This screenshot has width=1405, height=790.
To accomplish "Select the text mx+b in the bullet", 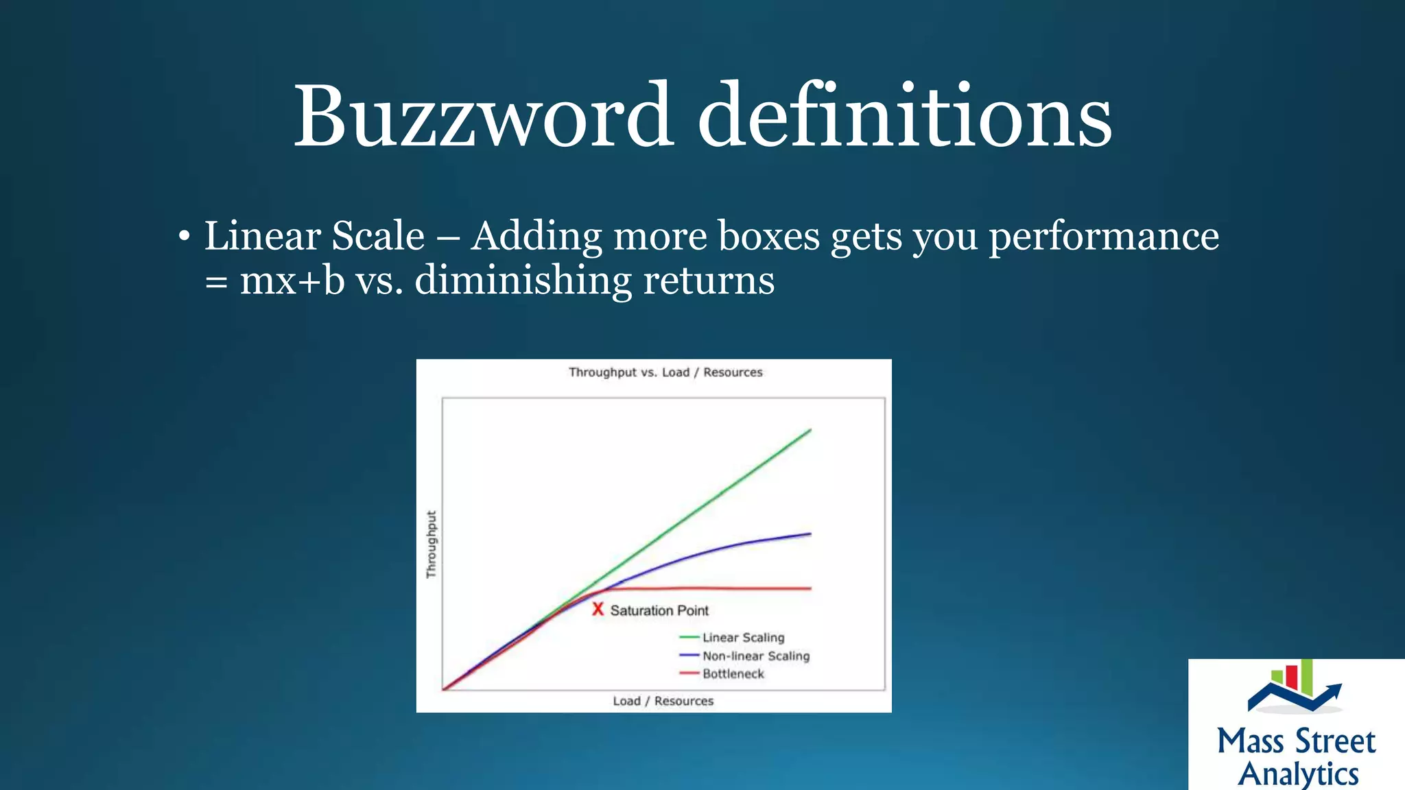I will (x=292, y=281).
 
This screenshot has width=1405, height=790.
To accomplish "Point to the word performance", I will (x=1103, y=237).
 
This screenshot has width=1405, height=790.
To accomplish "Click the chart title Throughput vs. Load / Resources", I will (x=665, y=372).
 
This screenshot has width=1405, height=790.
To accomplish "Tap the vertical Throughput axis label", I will (x=431, y=544).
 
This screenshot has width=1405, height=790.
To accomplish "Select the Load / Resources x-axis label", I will (x=663, y=701).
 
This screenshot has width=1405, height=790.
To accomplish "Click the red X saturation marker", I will (x=598, y=609).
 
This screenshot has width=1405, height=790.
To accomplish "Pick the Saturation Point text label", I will (x=659, y=610).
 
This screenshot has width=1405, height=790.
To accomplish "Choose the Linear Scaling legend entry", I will (x=743, y=638).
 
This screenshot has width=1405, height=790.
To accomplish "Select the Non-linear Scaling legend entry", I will (x=755, y=656).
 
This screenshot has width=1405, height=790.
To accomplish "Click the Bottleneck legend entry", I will (x=733, y=674).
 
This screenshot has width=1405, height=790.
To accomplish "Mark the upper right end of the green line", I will (x=810, y=431).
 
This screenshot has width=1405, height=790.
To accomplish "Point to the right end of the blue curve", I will (x=810, y=534).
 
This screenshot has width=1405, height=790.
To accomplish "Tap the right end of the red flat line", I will (x=810, y=588).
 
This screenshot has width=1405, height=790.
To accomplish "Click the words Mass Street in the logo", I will (x=1296, y=742).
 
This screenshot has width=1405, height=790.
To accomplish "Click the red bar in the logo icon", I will (x=1291, y=676).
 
